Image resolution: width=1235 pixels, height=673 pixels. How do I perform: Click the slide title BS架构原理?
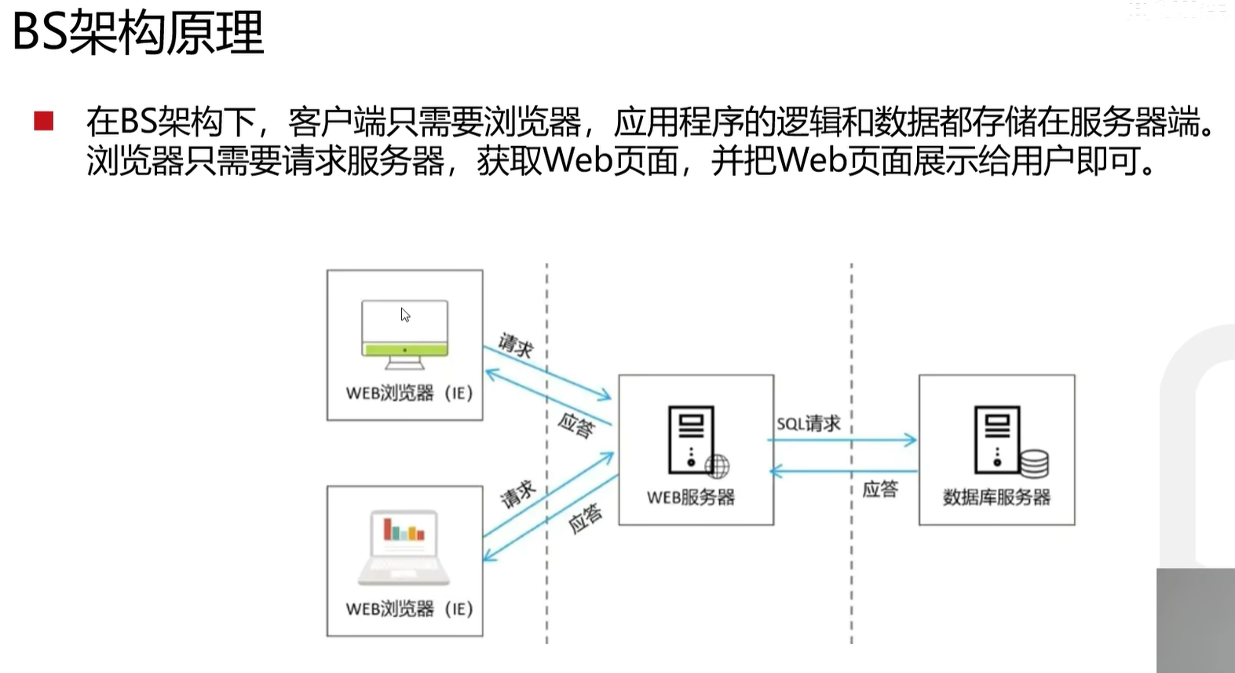click(x=138, y=33)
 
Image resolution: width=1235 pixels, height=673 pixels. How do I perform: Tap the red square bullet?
click(x=44, y=120)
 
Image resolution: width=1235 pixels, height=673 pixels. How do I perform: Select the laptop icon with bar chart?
click(x=404, y=547)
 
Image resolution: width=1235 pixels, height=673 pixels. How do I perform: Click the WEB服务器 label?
click(x=691, y=497)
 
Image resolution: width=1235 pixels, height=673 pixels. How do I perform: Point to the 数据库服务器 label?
click(x=996, y=497)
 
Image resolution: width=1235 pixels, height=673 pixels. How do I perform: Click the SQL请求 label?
click(x=809, y=424)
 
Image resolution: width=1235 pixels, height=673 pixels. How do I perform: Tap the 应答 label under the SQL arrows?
click(x=879, y=489)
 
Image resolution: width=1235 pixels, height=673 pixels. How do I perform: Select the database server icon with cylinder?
click(x=1010, y=441)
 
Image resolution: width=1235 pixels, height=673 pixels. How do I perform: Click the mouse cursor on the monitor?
click(x=405, y=315)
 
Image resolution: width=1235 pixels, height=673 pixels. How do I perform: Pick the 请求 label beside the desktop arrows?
click(x=516, y=345)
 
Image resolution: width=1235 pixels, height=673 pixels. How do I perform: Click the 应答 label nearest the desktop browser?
click(x=576, y=426)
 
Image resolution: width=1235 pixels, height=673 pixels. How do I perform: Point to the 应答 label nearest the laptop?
click(x=585, y=518)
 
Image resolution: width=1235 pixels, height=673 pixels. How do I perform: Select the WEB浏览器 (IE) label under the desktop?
click(x=409, y=393)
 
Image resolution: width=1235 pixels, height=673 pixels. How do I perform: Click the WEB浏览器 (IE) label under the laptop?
click(x=409, y=609)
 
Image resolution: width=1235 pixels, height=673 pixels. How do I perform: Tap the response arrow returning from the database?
click(x=844, y=471)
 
